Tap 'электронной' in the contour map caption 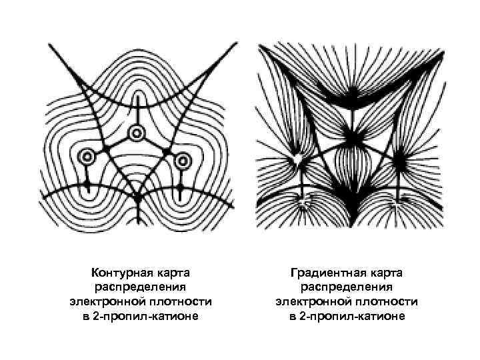pos(105,301)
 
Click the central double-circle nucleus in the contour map pos(136,133)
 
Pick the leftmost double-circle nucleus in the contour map pos(87,158)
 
